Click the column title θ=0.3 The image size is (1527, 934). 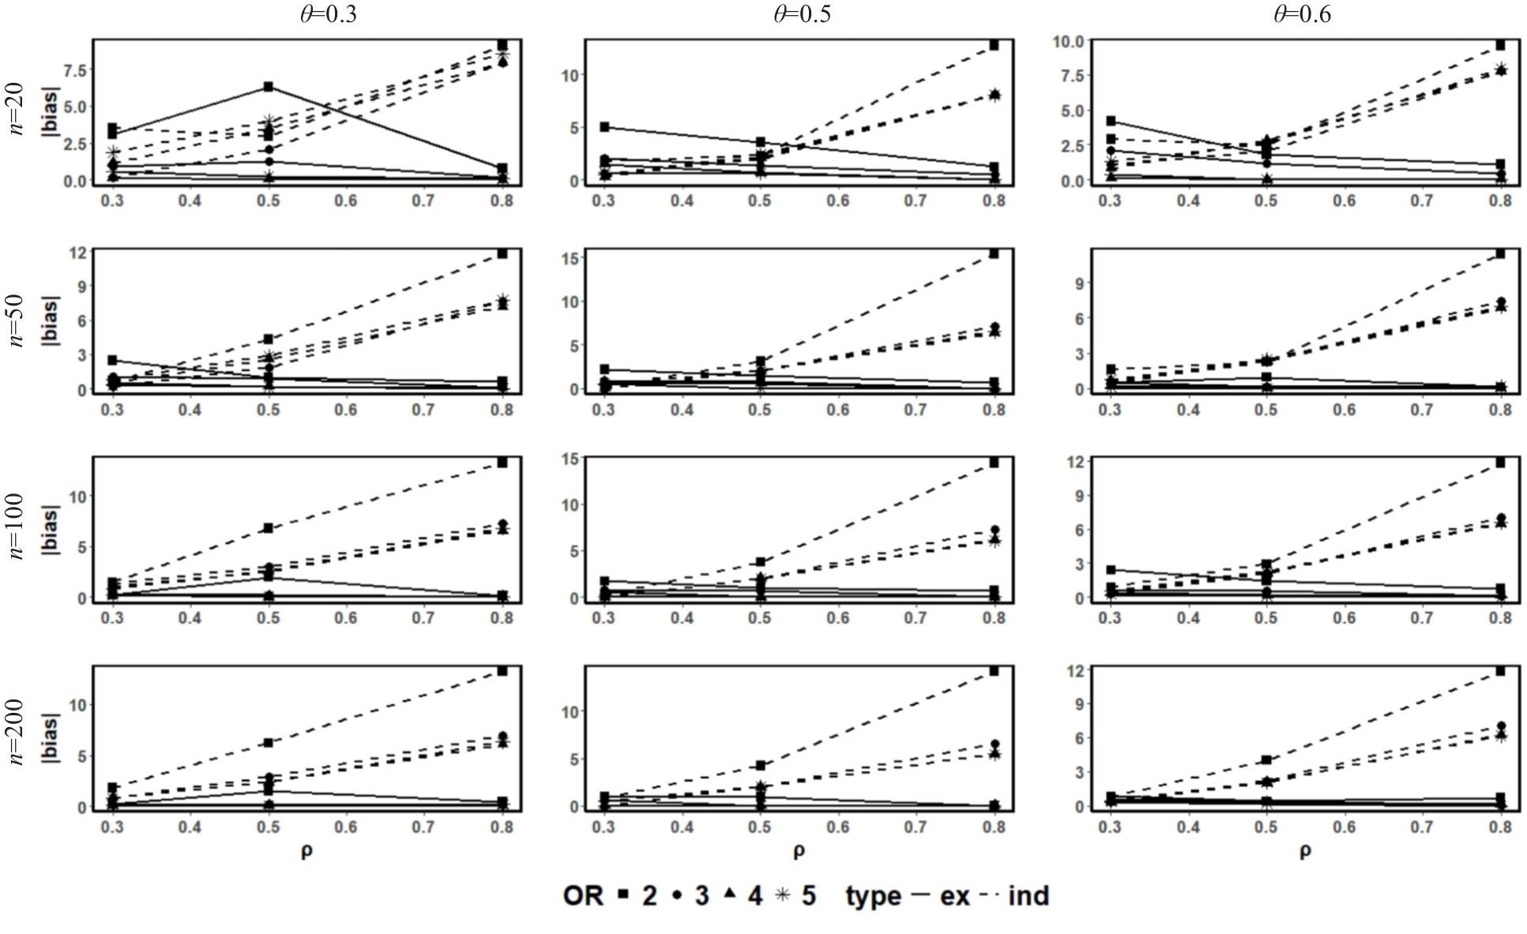pos(328,14)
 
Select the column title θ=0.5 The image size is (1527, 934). pos(801,14)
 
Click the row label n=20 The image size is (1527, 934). pos(17,111)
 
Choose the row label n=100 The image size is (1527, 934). pos(17,527)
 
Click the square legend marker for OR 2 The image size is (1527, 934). pos(623,895)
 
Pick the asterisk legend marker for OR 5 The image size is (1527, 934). pos(782,895)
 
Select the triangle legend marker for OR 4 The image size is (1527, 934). pos(729,895)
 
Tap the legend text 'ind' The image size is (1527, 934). pos(1029,895)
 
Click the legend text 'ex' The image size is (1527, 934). pos(954,895)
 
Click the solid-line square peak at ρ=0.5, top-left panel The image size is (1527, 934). pos(269,86)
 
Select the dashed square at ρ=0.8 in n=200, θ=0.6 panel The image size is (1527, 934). pos(1499,670)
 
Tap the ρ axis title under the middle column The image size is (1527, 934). pos(799,850)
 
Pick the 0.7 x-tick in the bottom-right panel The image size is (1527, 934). pos(1422,827)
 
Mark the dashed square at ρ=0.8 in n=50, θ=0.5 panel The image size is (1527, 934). pos(994,253)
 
